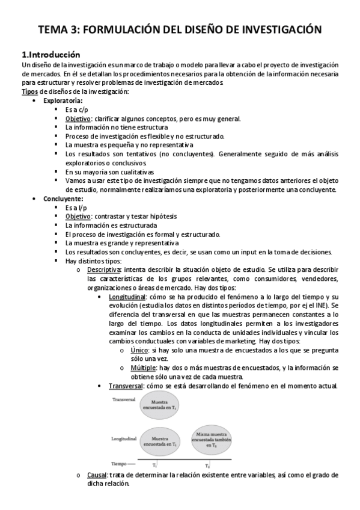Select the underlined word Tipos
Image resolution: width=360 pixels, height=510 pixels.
pyautogui.click(x=29, y=91)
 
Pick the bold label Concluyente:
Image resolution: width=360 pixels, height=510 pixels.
pyautogui.click(x=63, y=198)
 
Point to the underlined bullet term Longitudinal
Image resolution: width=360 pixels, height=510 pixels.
pyautogui.click(x=127, y=297)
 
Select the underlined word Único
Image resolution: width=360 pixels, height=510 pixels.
pyautogui.click(x=139, y=349)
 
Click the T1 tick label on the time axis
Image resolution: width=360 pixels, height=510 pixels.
pyautogui.click(x=155, y=465)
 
